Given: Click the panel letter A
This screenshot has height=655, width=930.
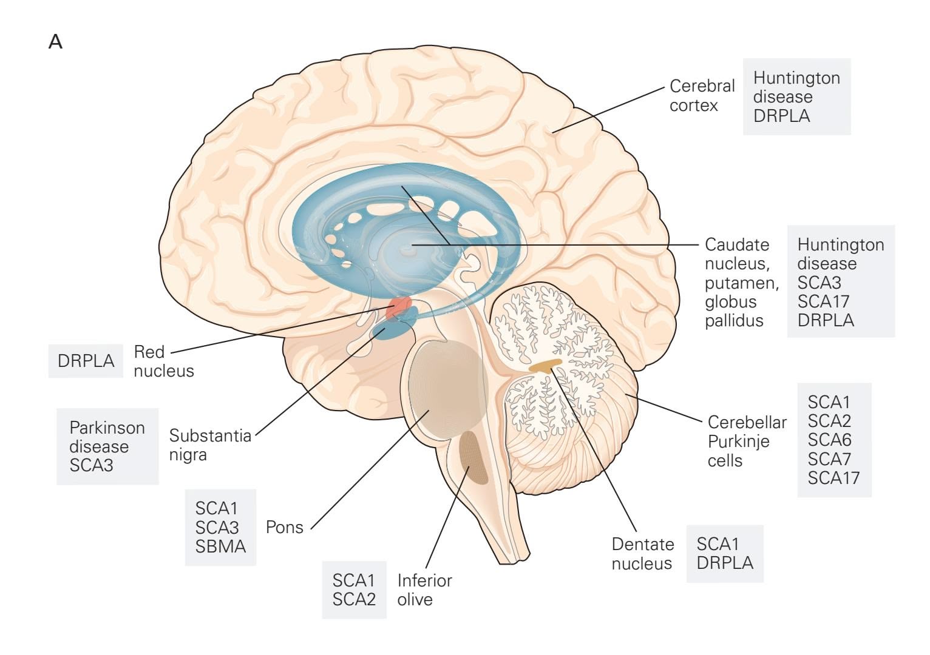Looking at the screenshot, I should [x=55, y=42].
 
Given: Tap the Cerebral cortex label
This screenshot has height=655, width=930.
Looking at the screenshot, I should [x=702, y=95].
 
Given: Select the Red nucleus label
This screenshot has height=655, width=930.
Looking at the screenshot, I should [x=163, y=361].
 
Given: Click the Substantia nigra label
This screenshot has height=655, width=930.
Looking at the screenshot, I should [x=209, y=445].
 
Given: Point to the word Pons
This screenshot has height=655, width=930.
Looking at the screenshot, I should [x=284, y=527].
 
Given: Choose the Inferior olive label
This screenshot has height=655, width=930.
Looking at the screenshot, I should [x=424, y=589].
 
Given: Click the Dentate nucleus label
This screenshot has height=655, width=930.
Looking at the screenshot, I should [x=642, y=554].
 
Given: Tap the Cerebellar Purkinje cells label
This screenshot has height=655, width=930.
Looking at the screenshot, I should [x=747, y=441].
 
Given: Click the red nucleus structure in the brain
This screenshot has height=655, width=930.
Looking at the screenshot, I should [x=398, y=306].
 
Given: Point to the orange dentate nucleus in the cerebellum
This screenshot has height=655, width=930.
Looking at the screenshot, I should [x=545, y=365].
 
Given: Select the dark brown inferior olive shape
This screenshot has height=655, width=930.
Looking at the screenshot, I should [x=473, y=457].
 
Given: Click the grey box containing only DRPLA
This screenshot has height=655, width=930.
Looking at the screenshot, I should [x=86, y=361].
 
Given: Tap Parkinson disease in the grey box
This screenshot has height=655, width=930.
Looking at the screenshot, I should [x=107, y=437].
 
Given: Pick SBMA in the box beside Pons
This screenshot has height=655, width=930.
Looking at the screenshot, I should [x=220, y=546].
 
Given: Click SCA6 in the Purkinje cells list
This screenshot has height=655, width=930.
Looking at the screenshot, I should [x=829, y=439].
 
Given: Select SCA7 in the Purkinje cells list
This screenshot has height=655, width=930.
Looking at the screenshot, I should [x=829, y=458].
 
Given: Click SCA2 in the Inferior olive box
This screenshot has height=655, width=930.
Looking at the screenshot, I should [x=354, y=599].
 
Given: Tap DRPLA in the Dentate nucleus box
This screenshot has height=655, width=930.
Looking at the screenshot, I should [x=725, y=563].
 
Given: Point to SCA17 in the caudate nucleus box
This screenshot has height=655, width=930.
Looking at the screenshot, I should [x=823, y=301].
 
